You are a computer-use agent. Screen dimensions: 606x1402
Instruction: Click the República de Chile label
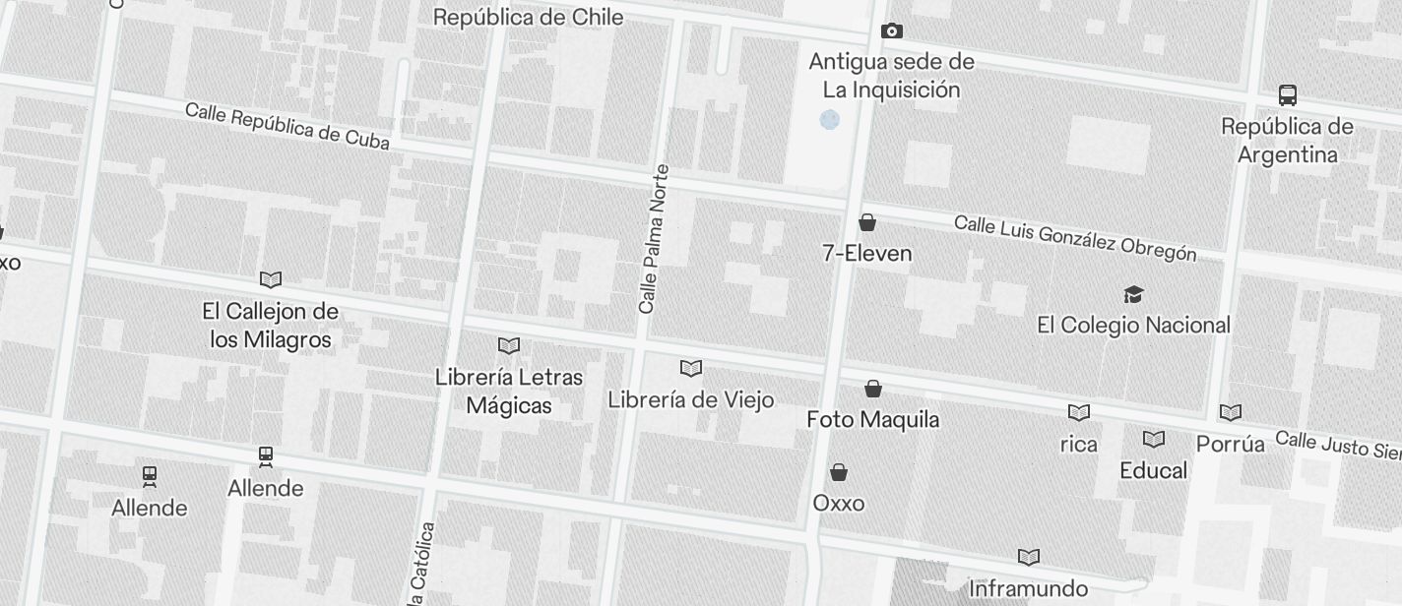(528, 17)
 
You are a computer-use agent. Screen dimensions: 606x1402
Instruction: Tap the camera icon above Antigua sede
(892, 31)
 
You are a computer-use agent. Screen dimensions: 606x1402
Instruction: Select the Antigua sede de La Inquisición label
(892, 76)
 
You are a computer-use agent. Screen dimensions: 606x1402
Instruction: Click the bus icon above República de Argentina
(1287, 95)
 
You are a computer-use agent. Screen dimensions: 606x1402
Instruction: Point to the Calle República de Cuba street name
(287, 126)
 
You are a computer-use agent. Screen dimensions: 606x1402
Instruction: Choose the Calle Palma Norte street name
(654, 239)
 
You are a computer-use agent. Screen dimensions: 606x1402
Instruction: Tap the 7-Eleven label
(867, 253)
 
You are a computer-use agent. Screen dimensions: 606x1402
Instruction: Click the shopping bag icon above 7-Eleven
(867, 222)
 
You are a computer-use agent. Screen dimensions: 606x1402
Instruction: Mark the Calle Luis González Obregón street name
(1075, 238)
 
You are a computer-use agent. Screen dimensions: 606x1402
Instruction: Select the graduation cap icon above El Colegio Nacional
(1133, 294)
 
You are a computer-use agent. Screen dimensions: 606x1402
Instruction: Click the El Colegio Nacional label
(1133, 325)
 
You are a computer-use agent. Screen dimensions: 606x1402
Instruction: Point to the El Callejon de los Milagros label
(271, 326)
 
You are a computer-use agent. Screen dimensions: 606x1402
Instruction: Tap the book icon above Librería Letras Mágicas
(509, 346)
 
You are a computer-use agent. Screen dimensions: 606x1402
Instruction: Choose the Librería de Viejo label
(691, 399)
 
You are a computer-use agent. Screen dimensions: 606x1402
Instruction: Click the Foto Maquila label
(872, 419)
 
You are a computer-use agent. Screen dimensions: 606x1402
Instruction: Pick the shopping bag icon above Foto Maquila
(872, 389)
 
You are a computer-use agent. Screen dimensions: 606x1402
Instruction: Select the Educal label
(1154, 470)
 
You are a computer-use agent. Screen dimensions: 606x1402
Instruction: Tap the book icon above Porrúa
(1231, 413)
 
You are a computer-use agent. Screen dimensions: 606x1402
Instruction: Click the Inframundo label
(1028, 588)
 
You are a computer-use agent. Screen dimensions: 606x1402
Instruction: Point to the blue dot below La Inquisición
(830, 120)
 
